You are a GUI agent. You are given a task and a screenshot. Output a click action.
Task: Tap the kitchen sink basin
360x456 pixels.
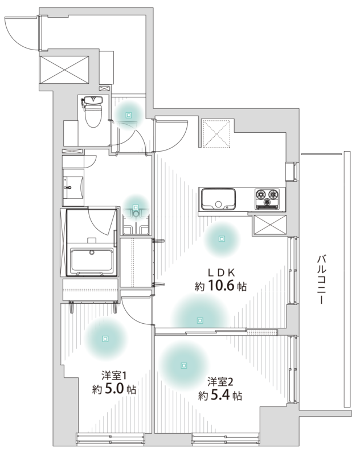[x=219, y=199]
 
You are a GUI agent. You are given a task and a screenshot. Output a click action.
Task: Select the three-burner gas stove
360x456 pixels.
[x=267, y=198]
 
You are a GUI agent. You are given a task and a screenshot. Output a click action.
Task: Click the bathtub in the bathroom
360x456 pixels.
[x=92, y=260]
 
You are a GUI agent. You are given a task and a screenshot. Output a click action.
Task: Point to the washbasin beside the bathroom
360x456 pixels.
[x=73, y=188]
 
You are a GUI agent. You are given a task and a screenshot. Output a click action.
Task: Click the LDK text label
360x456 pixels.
[x=221, y=272]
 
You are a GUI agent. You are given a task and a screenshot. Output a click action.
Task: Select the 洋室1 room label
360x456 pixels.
[x=113, y=375]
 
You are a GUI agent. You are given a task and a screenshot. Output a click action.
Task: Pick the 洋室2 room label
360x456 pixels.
[x=220, y=381]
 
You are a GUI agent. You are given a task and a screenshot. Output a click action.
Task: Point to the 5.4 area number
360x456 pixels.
[x=220, y=395]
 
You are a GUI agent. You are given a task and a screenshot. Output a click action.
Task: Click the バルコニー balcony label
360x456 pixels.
[x=321, y=279]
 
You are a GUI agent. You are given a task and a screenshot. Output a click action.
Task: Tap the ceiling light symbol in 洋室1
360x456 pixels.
[x=105, y=339]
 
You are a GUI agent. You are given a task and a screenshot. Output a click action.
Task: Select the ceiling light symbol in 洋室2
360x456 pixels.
[x=183, y=365]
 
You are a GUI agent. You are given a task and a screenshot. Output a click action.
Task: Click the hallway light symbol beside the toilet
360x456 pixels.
[x=128, y=115]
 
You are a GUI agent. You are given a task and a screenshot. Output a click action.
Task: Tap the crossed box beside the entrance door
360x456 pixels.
[x=64, y=70]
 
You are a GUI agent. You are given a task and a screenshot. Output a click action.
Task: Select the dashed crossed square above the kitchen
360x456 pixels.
[x=216, y=133]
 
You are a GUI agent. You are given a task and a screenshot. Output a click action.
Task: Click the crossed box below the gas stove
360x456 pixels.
[x=269, y=224]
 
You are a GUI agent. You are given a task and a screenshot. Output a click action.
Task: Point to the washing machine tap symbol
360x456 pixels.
[x=136, y=213]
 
